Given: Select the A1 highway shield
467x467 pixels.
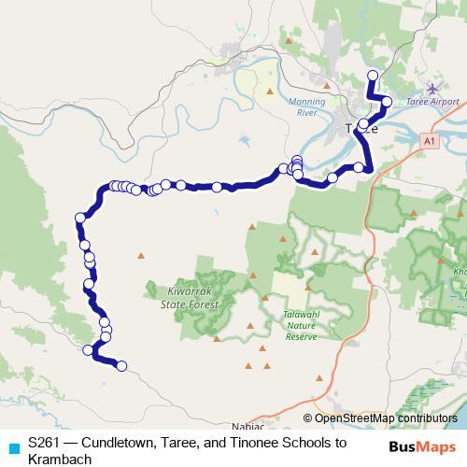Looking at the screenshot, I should [x=429, y=140].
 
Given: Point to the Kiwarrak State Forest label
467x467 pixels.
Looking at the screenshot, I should [x=189, y=297].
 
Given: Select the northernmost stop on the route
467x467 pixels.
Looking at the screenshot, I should [x=373, y=76].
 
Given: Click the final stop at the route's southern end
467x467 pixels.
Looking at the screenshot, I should [x=121, y=366].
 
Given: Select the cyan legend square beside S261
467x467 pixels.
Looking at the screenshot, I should [x=13, y=447].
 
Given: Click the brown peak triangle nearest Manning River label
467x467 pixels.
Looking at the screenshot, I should [x=270, y=91].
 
